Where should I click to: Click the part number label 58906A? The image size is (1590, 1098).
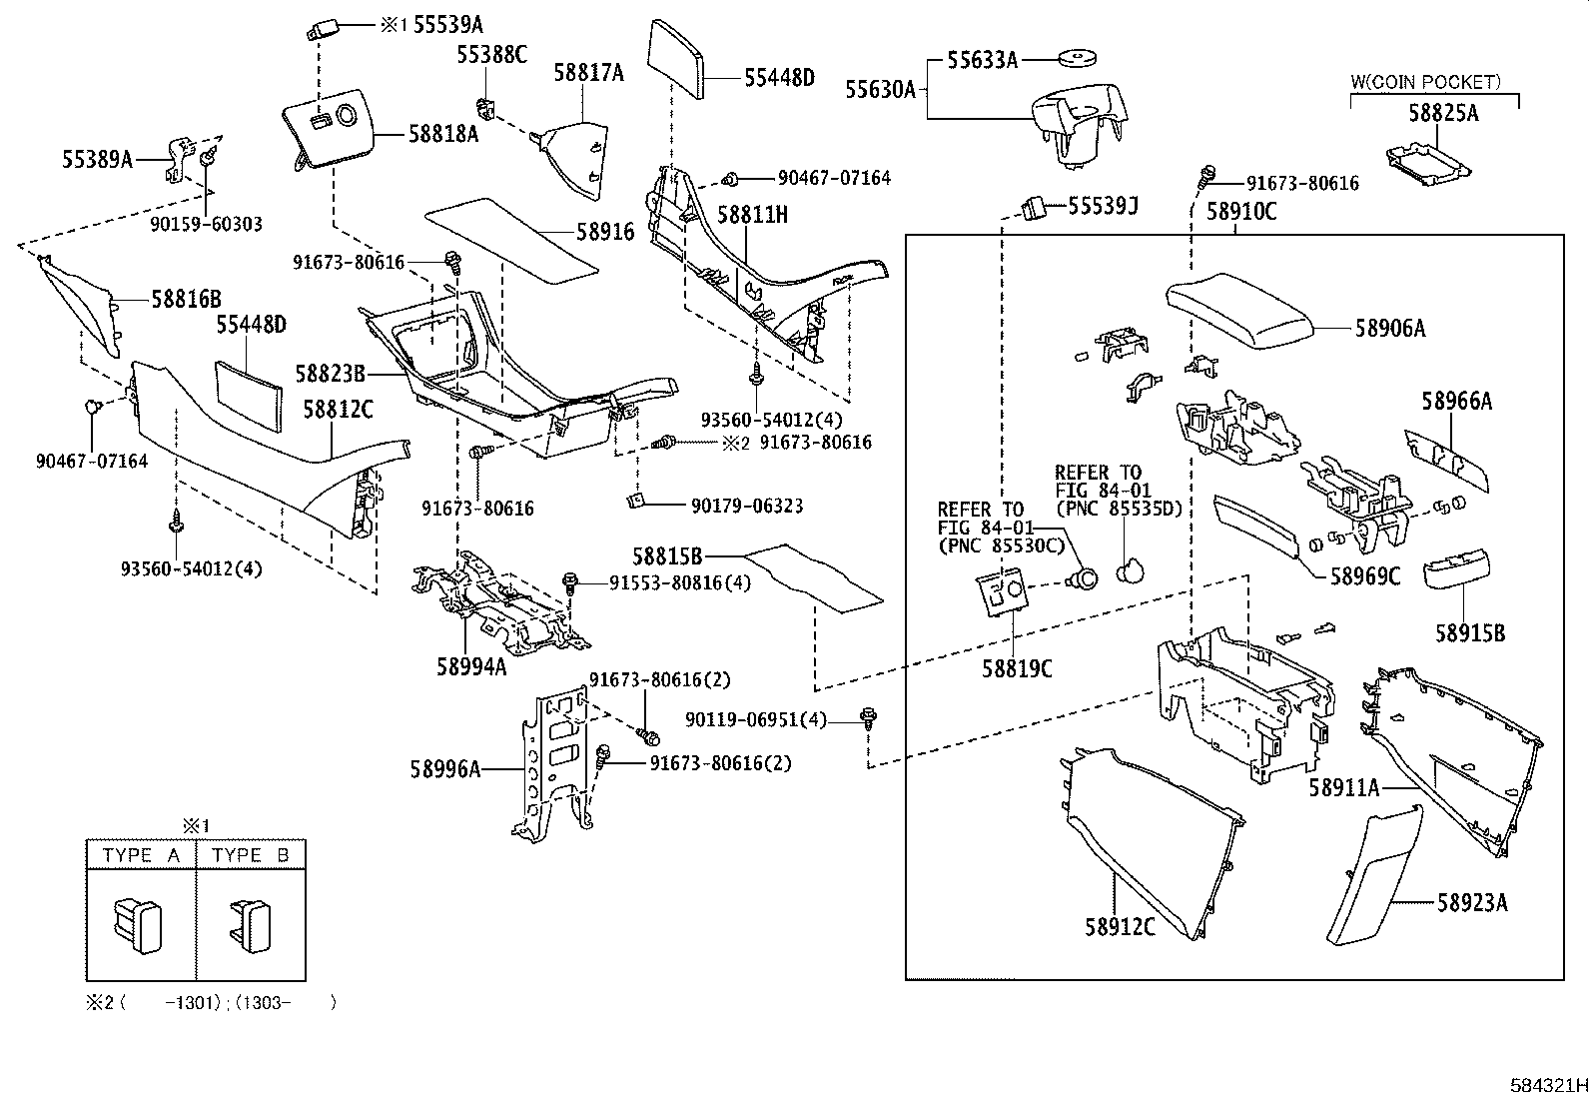pos(1389,328)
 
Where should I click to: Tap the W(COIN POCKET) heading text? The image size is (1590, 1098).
pos(1425,83)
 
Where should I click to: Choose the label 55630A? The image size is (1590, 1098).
pos(880,90)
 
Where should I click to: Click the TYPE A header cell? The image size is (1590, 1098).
pos(140,855)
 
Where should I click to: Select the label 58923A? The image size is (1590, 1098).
pos(1471,903)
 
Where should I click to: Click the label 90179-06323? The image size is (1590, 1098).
pos(746,506)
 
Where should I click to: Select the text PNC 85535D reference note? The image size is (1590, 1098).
pos(1118,509)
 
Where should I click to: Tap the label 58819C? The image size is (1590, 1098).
pos(1016,668)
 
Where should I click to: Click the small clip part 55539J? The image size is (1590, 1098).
pos(1032,208)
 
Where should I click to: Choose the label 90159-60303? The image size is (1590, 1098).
pos(206,225)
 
